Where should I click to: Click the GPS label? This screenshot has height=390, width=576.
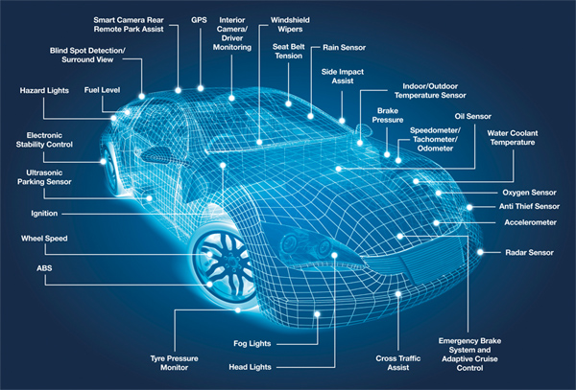pyautogui.click(x=199, y=20)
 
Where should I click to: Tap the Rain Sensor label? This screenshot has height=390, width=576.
pyautogui.click(x=345, y=48)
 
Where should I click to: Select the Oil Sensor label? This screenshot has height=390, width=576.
pyautogui.click(x=472, y=117)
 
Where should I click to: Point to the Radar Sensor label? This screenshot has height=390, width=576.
pyautogui.click(x=529, y=253)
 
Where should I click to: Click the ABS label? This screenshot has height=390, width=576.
pyautogui.click(x=44, y=268)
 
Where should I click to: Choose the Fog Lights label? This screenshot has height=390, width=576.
pyautogui.click(x=252, y=344)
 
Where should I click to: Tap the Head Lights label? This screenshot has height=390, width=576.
pyautogui.click(x=250, y=367)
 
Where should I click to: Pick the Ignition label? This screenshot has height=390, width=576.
pyautogui.click(x=44, y=214)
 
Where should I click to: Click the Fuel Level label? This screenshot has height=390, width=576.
pyautogui.click(x=102, y=90)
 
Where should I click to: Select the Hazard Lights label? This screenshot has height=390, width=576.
pyautogui.click(x=44, y=90)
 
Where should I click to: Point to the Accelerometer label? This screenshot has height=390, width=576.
pyautogui.click(x=530, y=222)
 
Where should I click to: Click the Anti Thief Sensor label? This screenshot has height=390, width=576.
pyautogui.click(x=529, y=207)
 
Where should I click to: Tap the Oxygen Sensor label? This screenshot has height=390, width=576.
pyautogui.click(x=529, y=193)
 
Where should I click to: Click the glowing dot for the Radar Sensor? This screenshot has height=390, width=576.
pyautogui.click(x=480, y=252)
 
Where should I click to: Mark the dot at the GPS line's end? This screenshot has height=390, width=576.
pyautogui.click(x=201, y=88)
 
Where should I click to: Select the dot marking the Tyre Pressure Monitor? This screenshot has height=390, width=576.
pyautogui.click(x=238, y=310)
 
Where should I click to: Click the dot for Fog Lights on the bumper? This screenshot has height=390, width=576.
pyautogui.click(x=317, y=314)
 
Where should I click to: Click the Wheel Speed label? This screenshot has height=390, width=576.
pyautogui.click(x=44, y=239)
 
